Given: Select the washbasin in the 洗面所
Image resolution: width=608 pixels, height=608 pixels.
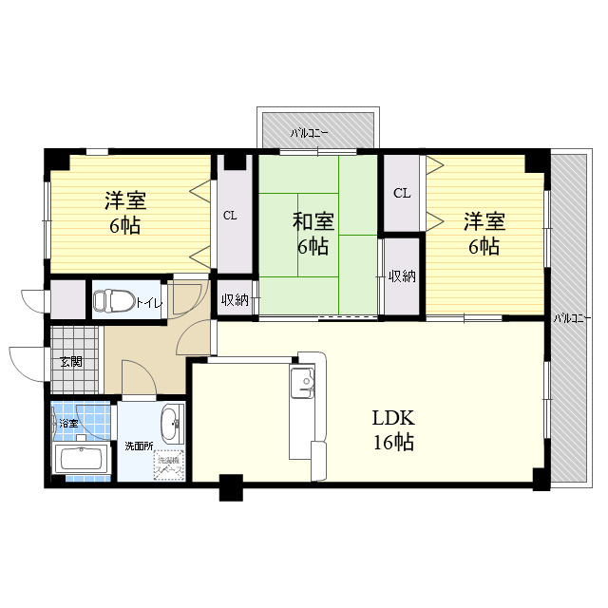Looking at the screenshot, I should coord(171,423).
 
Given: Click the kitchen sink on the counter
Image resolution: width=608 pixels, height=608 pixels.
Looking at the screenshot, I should coord(304,384).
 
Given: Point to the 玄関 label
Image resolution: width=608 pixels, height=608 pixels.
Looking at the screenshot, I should coord(70,361).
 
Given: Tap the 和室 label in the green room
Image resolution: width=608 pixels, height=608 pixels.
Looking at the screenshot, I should coord(313,222).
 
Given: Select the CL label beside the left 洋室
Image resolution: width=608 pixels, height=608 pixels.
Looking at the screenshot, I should coord(230,216).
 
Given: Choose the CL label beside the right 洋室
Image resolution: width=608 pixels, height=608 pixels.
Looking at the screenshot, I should coord(402,193).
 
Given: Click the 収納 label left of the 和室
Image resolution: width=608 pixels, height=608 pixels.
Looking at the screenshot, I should coord(235,300).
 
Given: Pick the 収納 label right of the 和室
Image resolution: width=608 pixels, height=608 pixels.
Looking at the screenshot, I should coord(401,276).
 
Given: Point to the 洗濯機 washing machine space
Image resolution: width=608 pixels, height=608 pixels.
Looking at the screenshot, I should coord(169,464).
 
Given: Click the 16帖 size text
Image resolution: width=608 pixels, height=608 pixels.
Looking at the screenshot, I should coord(392,442).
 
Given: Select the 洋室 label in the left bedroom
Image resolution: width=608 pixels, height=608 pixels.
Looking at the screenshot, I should coord(125,201).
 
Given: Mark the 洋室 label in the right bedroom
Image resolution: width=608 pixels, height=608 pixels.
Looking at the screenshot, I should coord(484,222).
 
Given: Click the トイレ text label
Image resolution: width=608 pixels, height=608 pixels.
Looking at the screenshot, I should coord(148,304).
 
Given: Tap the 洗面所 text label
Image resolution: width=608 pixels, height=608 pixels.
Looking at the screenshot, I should coord(138,446).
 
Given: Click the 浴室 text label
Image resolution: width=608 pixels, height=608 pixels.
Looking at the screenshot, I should coord(68,423).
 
